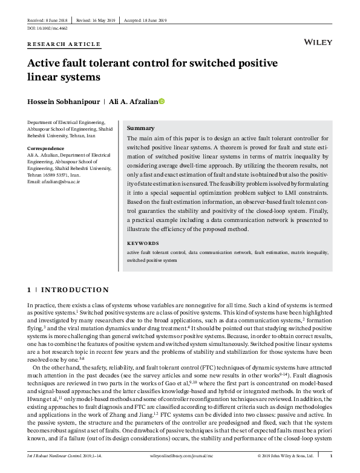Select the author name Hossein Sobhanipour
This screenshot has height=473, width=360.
tap(64, 102)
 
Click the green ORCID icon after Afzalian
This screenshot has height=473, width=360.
tap(162, 102)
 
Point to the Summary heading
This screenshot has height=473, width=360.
tap(140, 128)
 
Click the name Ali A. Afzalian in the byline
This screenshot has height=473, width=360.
tap(133, 102)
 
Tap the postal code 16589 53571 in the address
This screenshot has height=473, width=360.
tap(70, 174)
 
